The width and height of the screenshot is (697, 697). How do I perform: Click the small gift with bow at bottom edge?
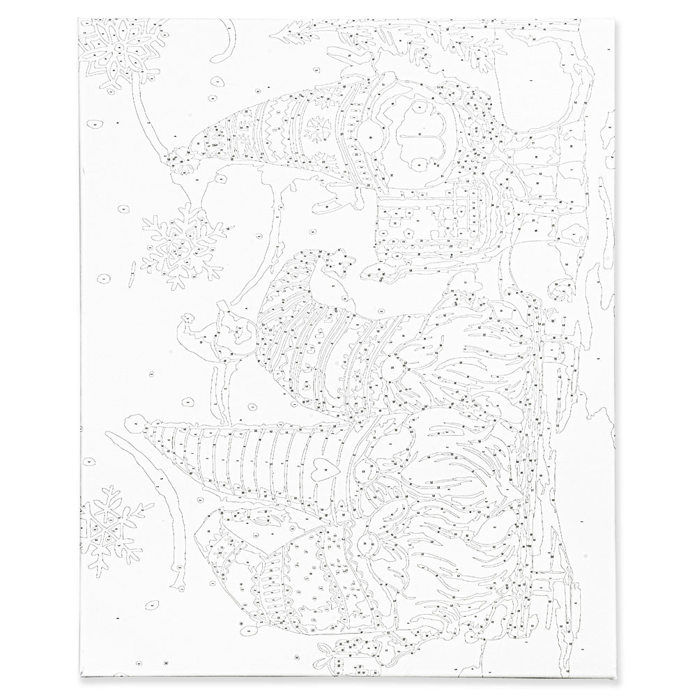click(x=335, y=652)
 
